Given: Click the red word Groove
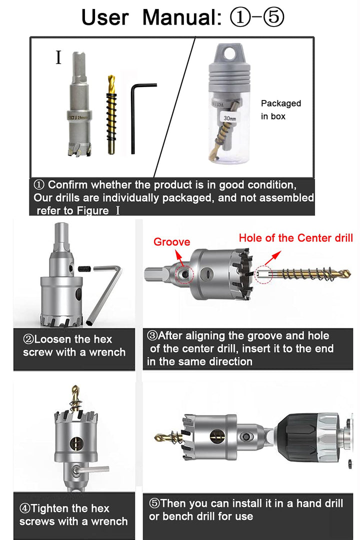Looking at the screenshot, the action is click(171, 242).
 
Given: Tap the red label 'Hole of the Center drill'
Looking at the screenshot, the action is click(296, 238).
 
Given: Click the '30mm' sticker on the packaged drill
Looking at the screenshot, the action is click(230, 118).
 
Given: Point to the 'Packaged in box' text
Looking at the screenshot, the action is click(281, 110).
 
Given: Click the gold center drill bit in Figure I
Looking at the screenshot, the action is click(111, 114).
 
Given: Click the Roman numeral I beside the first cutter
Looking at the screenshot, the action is click(58, 57).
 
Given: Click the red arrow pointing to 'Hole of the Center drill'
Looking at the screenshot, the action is click(272, 258).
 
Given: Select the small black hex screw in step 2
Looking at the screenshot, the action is click(85, 268).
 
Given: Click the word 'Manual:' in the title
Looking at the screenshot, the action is click(182, 17).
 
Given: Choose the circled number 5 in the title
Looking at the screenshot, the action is click(273, 17).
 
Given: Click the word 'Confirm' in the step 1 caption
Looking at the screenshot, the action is click(67, 185).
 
